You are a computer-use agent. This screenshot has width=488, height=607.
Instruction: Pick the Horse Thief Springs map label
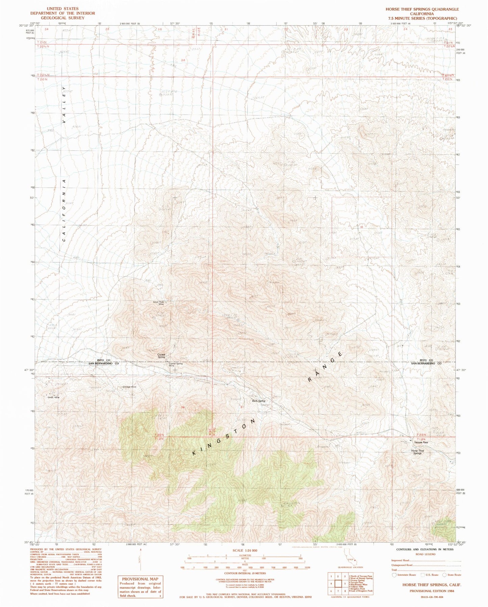[x=418, y=451]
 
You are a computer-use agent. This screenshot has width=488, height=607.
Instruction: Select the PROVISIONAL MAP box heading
[x=140, y=579]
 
